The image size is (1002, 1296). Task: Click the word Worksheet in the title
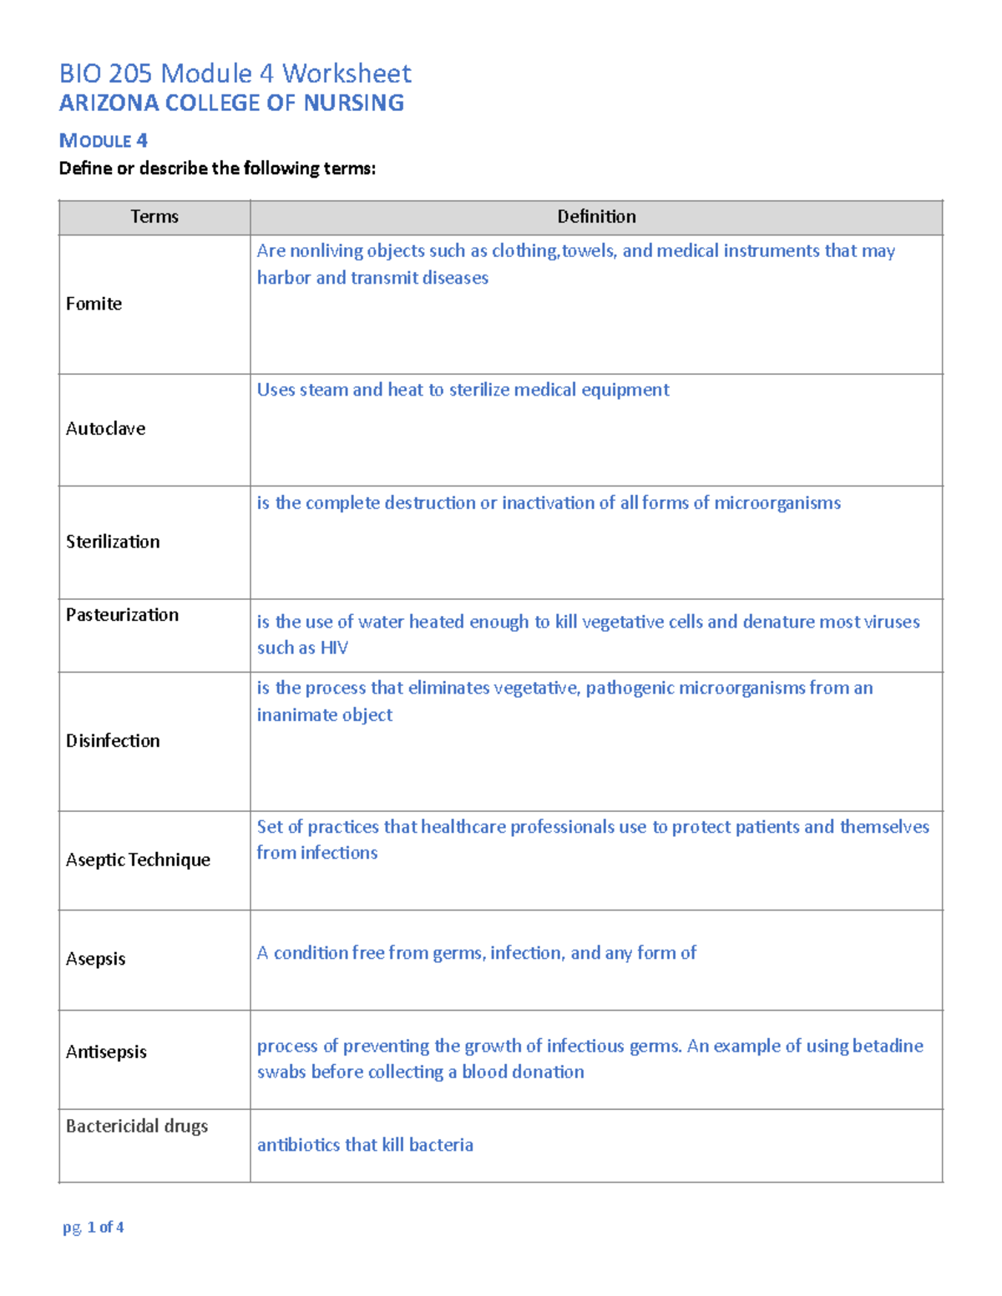[x=347, y=73]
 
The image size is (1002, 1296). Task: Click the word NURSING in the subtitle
[x=353, y=103]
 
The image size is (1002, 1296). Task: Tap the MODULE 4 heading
[x=103, y=140]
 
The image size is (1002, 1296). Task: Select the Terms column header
[x=154, y=217]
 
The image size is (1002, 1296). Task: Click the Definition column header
[x=596, y=217]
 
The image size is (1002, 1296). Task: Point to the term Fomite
[x=94, y=304]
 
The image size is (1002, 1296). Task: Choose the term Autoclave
[x=105, y=429]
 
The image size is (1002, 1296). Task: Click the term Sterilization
[x=113, y=542]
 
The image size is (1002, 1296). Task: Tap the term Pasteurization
[x=122, y=615]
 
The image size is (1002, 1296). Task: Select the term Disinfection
[x=113, y=741]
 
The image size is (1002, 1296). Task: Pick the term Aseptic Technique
[x=138, y=860]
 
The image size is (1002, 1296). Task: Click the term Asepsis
[x=95, y=959]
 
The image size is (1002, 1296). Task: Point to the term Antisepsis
[x=106, y=1051]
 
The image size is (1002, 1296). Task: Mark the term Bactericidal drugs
[x=137, y=1126]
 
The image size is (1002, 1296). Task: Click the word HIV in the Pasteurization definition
[x=334, y=648]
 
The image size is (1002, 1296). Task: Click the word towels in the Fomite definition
[x=590, y=250]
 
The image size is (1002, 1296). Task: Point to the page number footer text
[x=94, y=1227]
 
